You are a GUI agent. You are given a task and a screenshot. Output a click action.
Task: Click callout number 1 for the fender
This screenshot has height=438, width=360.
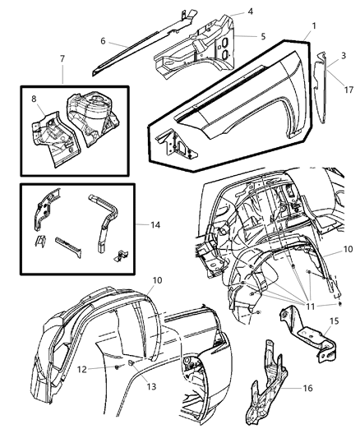(312, 26)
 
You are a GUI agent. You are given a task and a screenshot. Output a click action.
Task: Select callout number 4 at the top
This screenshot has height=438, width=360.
(250, 12)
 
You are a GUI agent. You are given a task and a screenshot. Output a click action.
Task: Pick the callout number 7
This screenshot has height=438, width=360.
(62, 59)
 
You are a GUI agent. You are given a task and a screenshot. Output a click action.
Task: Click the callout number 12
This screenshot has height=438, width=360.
(104, 369)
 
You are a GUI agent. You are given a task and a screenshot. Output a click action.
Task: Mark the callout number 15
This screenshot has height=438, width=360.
(332, 323)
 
